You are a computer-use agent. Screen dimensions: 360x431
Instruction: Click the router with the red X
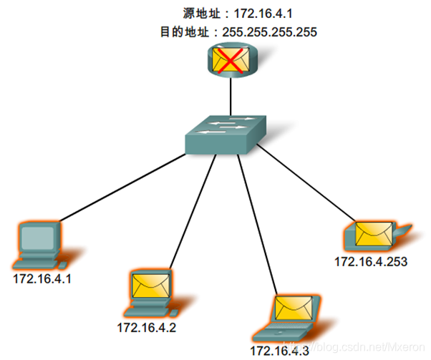pos(230,62)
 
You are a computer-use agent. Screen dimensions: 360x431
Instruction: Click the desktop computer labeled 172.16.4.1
pos(40,243)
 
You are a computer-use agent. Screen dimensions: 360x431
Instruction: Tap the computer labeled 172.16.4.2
pos(150,294)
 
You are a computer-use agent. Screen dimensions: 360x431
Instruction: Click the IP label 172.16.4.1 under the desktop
pos(44,276)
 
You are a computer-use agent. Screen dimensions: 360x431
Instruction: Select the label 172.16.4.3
pos(280,351)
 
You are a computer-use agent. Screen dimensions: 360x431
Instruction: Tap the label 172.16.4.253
pos(371,262)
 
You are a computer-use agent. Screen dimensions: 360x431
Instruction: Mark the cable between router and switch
pos(230,96)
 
